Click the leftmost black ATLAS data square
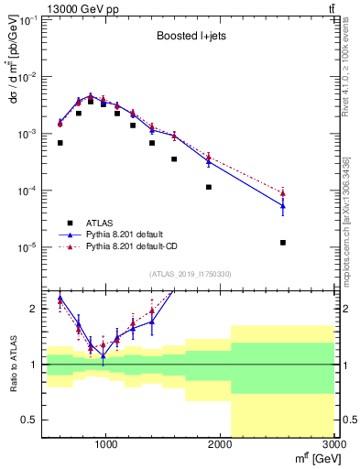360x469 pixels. pyautogui.click(x=60, y=143)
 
